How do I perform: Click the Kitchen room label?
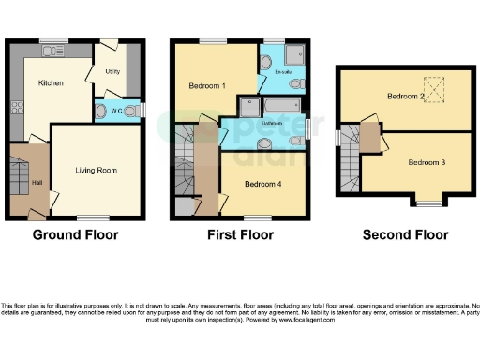50,83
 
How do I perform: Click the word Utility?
113,70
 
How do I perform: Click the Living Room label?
96,170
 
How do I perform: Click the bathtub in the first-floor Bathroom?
282,105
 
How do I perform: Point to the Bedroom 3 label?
426,162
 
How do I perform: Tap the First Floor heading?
240,234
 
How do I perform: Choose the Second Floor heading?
405,234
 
